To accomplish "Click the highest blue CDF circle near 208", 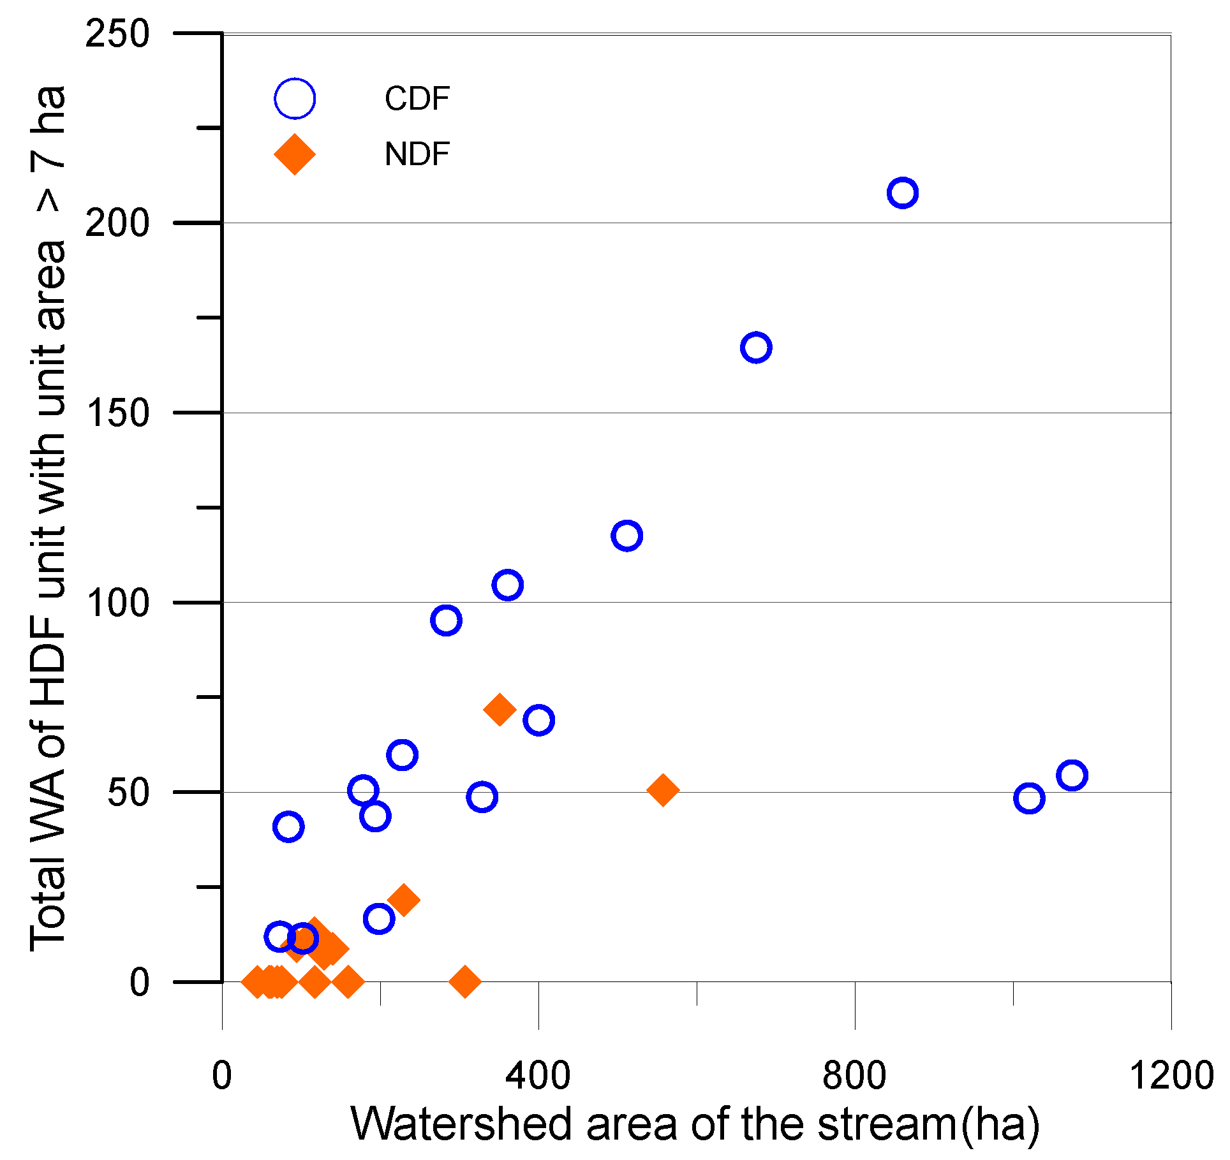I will (x=902, y=193).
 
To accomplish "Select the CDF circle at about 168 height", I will (x=756, y=348).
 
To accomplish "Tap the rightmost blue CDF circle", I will (x=1072, y=775).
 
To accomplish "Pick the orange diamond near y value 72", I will (x=500, y=709).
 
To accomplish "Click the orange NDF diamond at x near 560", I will (x=663, y=790).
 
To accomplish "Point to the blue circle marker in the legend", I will (x=294, y=99).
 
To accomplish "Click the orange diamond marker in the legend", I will (x=294, y=154).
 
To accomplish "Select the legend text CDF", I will (x=417, y=99).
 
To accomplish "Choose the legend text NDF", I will (x=417, y=154).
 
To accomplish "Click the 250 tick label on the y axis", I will (x=118, y=33).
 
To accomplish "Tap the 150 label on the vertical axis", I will (x=118, y=413).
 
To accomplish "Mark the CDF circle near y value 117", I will (x=626, y=536).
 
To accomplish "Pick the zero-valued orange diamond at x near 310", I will (x=465, y=981).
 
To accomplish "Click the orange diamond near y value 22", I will (x=403, y=900).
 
